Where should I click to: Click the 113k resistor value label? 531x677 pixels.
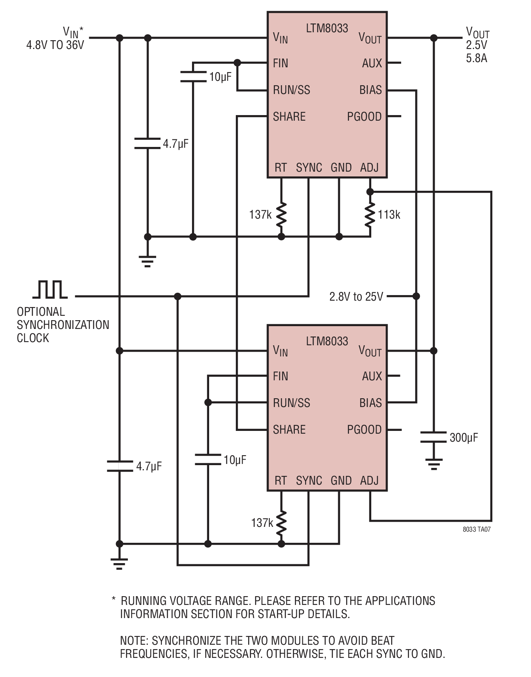389,215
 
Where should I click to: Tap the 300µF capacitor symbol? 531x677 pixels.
433,437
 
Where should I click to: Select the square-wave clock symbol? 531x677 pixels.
50,289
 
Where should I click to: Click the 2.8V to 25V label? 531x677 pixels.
356,297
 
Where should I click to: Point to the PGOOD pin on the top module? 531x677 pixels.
364,117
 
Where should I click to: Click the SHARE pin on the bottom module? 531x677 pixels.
289,430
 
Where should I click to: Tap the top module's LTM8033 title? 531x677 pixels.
327,28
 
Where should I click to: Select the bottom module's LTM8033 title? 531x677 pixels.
327,341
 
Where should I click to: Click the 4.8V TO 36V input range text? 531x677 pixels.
55,45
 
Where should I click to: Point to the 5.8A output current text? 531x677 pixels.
476,58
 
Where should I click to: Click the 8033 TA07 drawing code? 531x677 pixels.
476,529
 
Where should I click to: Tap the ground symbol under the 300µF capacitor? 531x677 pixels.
433,464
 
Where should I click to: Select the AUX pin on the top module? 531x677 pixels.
372,63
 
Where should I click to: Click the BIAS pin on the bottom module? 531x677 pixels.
370,403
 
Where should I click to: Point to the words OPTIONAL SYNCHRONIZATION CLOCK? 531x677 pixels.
63,325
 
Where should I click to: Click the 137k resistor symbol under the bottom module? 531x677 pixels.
281,523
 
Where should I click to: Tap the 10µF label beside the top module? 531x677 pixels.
220,77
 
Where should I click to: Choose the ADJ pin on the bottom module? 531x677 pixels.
369,481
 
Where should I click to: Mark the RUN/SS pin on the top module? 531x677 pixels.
292,90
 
